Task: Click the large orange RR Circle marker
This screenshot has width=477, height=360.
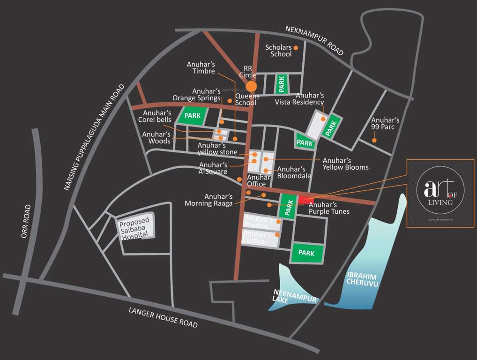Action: (x=252, y=86)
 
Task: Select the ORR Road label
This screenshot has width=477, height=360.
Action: (x=26, y=221)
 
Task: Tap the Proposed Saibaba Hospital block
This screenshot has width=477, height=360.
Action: (x=134, y=228)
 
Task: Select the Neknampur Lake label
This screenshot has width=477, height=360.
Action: (x=296, y=296)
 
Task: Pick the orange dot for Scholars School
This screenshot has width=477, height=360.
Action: (x=296, y=47)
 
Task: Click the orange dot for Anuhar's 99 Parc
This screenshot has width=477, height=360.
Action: (x=374, y=140)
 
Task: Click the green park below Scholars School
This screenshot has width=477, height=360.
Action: (x=282, y=84)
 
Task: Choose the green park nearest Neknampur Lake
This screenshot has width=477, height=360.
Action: (x=307, y=253)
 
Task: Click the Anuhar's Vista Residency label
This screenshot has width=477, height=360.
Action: (x=299, y=99)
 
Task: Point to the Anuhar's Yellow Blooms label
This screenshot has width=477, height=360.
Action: (x=345, y=164)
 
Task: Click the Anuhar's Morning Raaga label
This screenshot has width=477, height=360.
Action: (x=209, y=200)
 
